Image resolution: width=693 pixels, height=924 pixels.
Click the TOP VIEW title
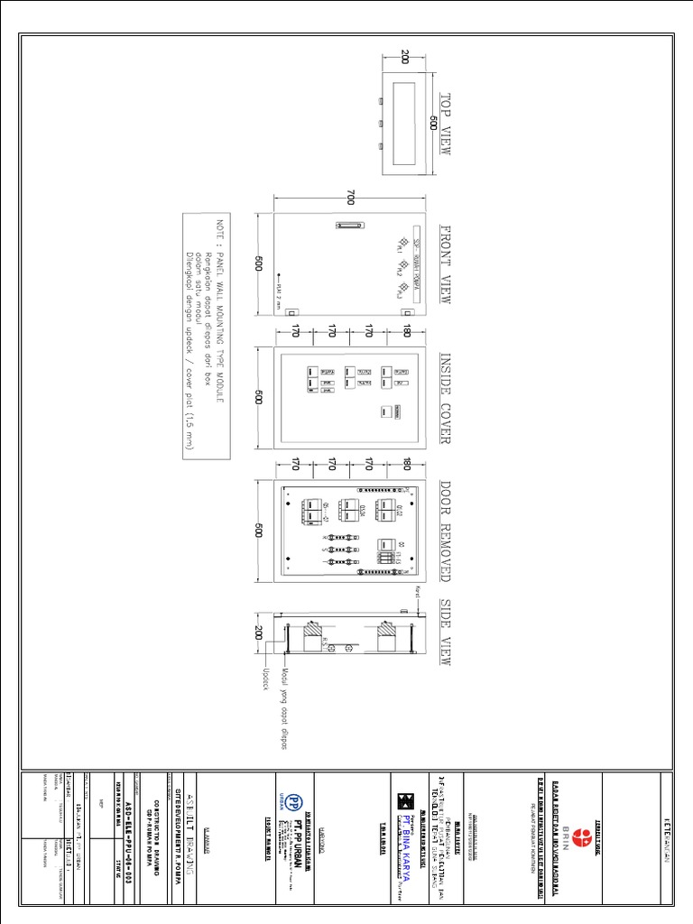click(444, 124)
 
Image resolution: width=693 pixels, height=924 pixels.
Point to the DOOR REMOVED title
click(444, 530)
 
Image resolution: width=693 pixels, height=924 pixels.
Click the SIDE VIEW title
click(444, 633)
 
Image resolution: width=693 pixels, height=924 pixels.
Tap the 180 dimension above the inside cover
click(407, 332)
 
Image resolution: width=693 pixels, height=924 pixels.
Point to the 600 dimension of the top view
click(432, 124)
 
